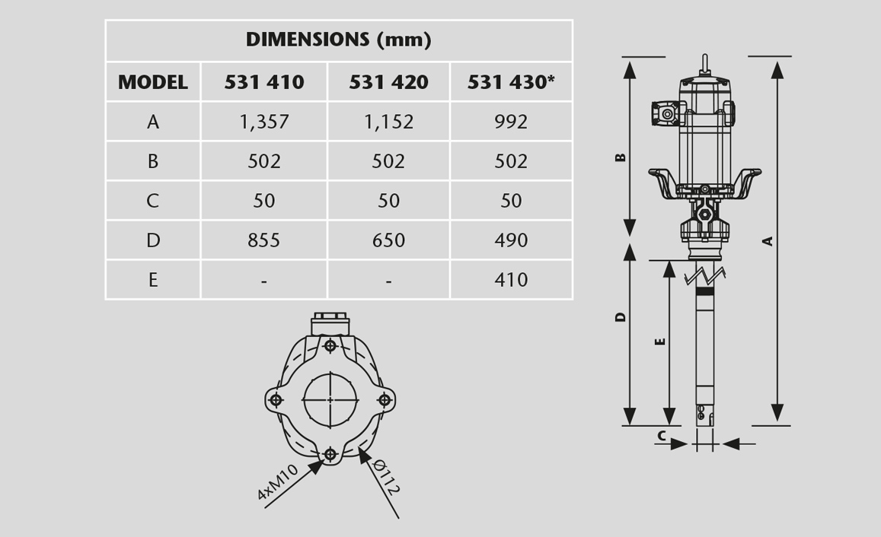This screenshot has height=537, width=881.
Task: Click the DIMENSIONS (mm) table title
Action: (x=338, y=40)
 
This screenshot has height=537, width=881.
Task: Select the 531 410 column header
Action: (x=264, y=82)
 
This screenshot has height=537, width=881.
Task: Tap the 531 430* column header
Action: (x=511, y=82)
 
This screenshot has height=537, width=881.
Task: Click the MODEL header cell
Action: (x=153, y=82)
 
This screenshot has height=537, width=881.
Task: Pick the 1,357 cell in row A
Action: (x=264, y=122)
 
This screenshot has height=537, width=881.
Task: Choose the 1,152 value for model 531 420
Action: (x=388, y=122)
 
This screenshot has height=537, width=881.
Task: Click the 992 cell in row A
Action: (x=511, y=122)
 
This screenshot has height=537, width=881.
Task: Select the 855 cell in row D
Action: (x=264, y=240)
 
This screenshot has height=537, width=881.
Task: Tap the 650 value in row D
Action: (x=388, y=240)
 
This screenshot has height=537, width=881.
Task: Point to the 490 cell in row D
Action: (x=511, y=240)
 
